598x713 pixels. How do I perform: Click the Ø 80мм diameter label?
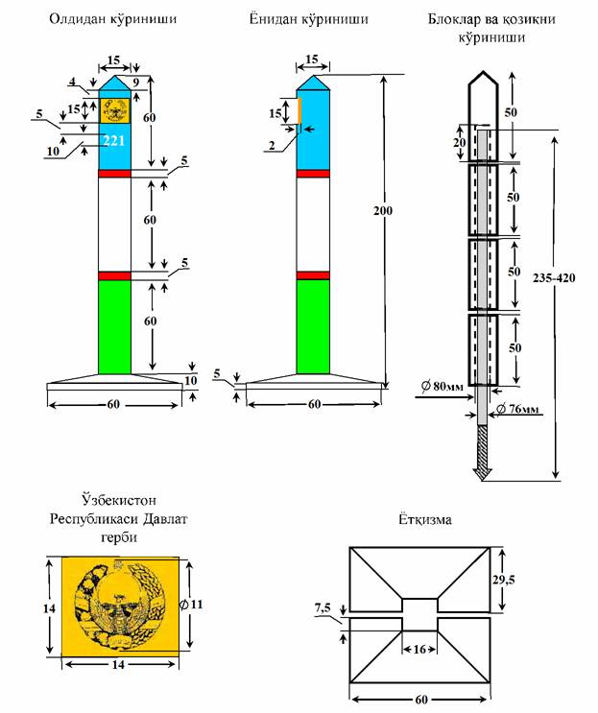click(x=443, y=388)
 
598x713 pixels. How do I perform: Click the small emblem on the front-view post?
click(x=114, y=109)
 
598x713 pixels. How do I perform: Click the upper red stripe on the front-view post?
click(x=114, y=173)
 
